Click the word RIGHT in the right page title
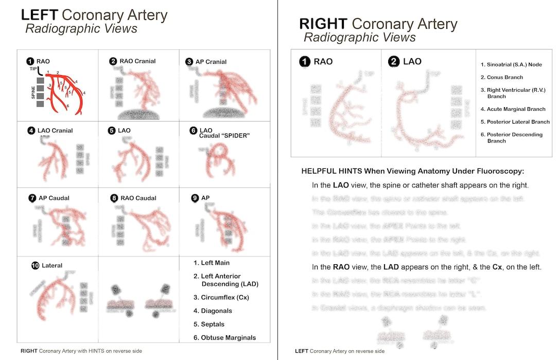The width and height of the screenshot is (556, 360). point(323,24)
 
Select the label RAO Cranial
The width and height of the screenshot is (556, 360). point(137,61)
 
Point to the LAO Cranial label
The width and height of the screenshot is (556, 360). point(55,130)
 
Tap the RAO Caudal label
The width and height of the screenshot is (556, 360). point(138,198)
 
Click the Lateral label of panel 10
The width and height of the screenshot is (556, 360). point(51,265)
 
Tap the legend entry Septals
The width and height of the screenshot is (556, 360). point(213,324)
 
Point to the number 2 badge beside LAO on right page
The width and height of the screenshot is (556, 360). point(393,62)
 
